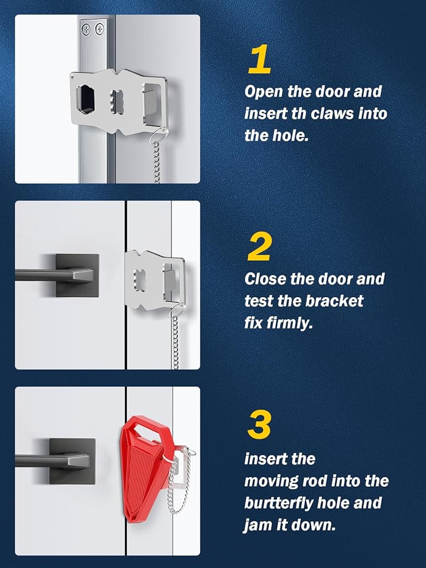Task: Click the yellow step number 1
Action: [x=260, y=59]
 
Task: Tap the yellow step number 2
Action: [x=259, y=247]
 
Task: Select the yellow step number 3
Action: [x=260, y=424]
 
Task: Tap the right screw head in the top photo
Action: [x=99, y=28]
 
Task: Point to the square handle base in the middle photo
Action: [x=77, y=275]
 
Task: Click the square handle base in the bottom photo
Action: [x=73, y=461]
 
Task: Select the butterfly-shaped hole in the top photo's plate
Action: [x=116, y=102]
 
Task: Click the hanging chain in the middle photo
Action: [x=176, y=342]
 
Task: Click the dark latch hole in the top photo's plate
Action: [x=86, y=98]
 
